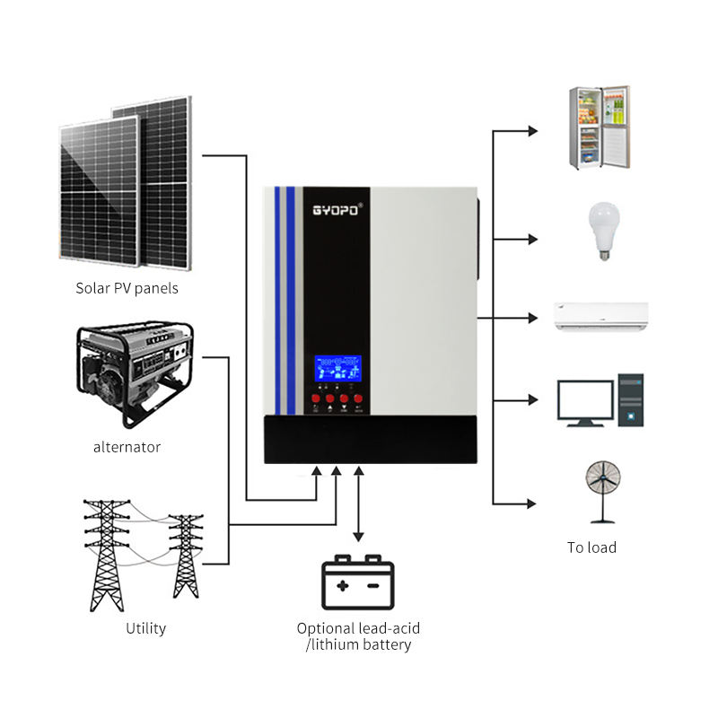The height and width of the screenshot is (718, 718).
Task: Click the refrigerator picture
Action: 599,127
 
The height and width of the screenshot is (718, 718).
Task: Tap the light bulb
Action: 601,230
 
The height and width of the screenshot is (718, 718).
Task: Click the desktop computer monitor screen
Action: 585,399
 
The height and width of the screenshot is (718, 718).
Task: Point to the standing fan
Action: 599,489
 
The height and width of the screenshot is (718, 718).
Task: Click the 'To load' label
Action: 591,547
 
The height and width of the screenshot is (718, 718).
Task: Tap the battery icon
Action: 358,583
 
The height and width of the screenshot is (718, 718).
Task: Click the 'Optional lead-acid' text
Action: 358,628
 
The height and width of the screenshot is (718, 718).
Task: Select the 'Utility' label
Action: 145,628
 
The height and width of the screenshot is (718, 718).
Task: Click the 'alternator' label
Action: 127,447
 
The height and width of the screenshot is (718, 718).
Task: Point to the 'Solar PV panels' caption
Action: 127,288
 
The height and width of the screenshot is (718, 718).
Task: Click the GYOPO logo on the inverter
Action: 337,207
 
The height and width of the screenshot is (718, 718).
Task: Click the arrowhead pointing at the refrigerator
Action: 533,131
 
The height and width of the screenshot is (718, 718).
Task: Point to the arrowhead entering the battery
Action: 358,538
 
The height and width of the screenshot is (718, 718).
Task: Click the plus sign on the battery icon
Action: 342,585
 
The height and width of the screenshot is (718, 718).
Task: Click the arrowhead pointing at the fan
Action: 533,503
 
